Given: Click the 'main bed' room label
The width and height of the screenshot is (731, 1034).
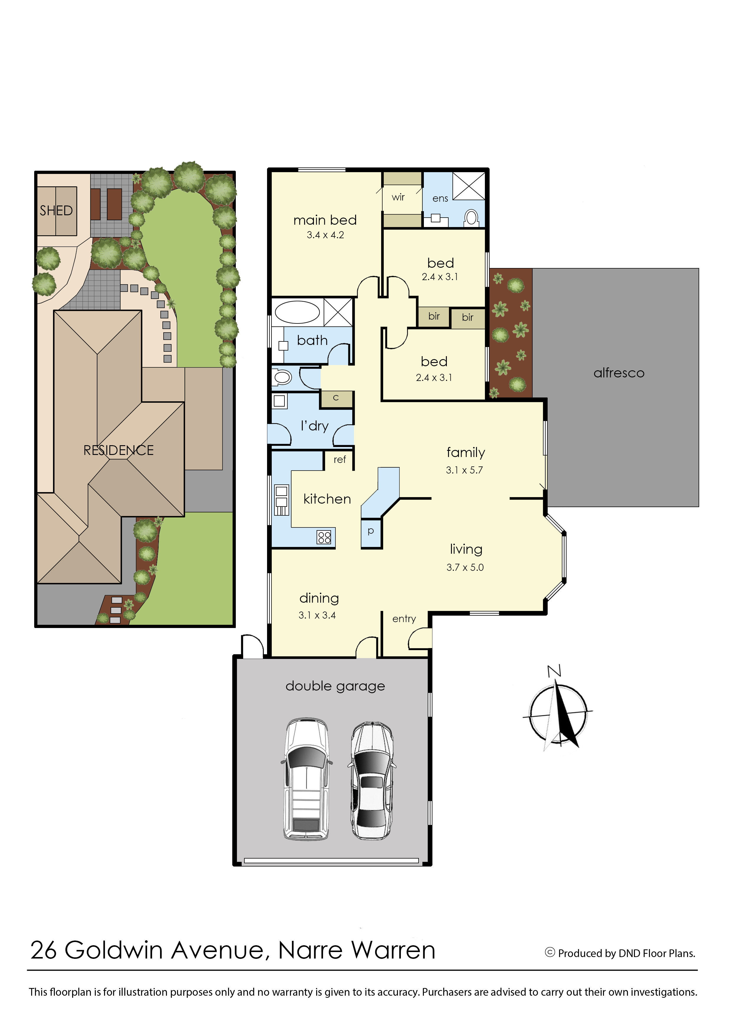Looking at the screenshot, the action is pyautogui.click(x=325, y=220).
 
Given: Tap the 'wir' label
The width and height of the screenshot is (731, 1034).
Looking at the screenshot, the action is pyautogui.click(x=398, y=197).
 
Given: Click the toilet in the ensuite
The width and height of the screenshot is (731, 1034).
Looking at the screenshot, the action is pyautogui.click(x=471, y=218).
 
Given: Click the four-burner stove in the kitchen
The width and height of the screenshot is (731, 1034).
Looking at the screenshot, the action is pyautogui.click(x=324, y=537).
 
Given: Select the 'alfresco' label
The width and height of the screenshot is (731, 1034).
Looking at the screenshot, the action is pyautogui.click(x=619, y=373).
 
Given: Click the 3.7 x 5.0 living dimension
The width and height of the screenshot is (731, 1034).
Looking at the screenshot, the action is pyautogui.click(x=465, y=568).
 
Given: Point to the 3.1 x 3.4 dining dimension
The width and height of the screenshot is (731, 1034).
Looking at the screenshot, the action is pyautogui.click(x=317, y=615).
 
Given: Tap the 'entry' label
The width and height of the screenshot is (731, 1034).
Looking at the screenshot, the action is pyautogui.click(x=404, y=619).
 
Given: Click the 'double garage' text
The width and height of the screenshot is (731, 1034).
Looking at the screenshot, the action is pyautogui.click(x=335, y=686).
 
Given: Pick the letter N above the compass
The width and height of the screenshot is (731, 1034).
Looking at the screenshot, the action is pyautogui.click(x=554, y=671).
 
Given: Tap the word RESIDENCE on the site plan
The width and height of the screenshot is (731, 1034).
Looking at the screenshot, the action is pyautogui.click(x=118, y=450).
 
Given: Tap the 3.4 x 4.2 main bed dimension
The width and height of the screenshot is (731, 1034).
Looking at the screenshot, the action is pyautogui.click(x=325, y=235).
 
